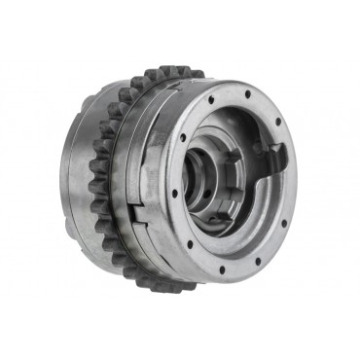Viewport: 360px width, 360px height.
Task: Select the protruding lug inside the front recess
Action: click(275, 156)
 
